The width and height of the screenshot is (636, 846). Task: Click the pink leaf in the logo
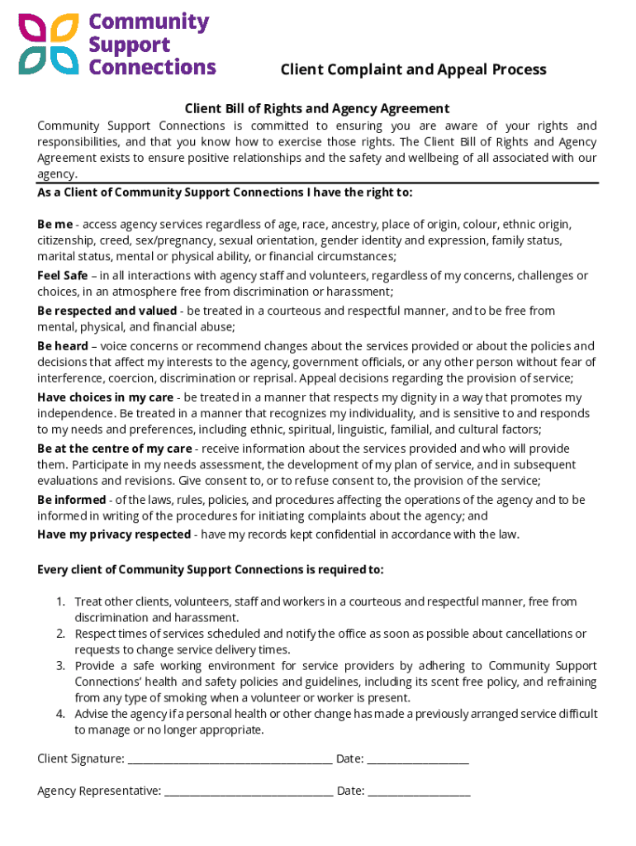[33, 30]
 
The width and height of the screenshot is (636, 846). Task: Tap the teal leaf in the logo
[33, 59]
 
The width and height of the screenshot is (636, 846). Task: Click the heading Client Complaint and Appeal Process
[413, 69]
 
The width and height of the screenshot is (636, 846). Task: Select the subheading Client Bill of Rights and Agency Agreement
[316, 108]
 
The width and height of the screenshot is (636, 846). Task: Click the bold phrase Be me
[55, 225]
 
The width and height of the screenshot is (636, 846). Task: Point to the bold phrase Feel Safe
[63, 276]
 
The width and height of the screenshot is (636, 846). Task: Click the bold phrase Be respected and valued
[107, 311]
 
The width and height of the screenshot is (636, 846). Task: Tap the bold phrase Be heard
[63, 346]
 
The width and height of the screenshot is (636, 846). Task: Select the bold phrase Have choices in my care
[105, 397]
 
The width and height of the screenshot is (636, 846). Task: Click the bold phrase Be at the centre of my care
[114, 449]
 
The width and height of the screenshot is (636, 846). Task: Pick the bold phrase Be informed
[71, 500]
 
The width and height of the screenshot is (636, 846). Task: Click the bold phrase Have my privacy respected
[114, 535]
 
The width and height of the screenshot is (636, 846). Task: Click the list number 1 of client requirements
[60, 601]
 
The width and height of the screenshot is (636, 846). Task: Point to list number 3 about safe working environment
[60, 666]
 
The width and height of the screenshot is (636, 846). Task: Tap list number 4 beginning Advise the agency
[60, 714]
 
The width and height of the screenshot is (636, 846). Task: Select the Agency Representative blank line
[249, 791]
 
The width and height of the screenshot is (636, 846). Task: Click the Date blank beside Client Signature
[417, 759]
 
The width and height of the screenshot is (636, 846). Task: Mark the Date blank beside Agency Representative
[419, 791]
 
